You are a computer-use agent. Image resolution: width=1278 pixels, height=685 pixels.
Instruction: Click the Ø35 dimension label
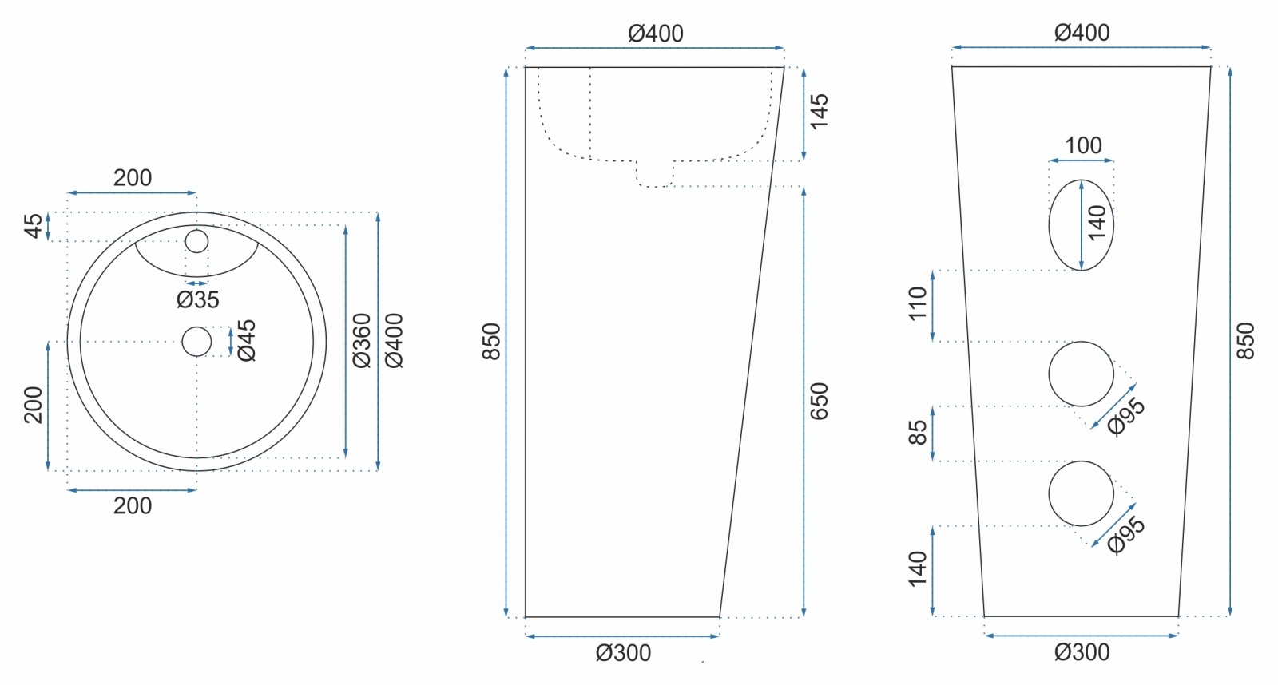(197, 299)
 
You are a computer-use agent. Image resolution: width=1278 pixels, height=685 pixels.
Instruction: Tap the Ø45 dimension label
(247, 340)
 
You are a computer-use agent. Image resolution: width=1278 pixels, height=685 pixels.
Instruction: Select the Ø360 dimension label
(362, 340)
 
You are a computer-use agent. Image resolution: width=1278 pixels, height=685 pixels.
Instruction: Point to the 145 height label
(819, 113)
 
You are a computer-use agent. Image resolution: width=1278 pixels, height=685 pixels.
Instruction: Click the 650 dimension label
(819, 402)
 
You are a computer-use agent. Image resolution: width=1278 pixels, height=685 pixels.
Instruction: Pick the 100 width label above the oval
(1083, 145)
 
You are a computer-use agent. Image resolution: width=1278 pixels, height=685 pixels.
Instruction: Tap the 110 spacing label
(918, 303)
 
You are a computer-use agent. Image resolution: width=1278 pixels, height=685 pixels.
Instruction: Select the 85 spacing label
(918, 433)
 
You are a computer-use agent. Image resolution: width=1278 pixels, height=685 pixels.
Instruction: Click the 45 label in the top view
(33, 226)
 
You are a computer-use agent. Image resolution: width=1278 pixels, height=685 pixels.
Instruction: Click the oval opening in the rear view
(1082, 224)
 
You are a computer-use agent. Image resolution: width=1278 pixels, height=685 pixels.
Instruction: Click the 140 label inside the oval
(1097, 223)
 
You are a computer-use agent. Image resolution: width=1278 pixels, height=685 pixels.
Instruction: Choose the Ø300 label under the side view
(623, 653)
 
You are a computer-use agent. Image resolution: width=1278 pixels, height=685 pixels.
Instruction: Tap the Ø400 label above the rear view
(1082, 33)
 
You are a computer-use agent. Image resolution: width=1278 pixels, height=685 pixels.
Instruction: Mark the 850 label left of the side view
(491, 342)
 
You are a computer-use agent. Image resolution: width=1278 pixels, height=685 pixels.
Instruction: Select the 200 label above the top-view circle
(133, 178)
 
